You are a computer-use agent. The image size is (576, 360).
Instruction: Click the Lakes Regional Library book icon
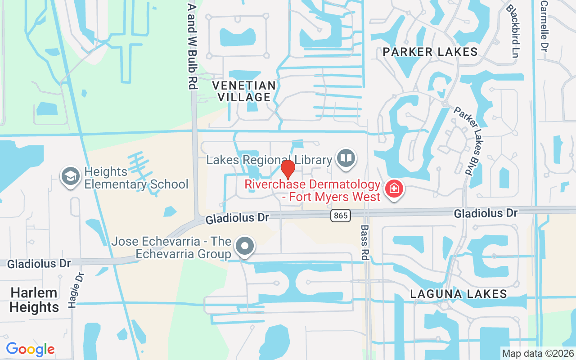point(346,158)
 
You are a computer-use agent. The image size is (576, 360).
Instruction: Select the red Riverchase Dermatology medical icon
point(395,189)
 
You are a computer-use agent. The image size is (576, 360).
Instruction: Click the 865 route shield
point(341,216)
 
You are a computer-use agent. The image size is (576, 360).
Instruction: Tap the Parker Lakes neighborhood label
point(430,52)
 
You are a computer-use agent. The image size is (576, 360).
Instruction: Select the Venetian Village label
point(243,91)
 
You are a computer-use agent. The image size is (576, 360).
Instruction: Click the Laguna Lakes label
point(459,294)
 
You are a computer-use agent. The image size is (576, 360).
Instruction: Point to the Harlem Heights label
point(34,300)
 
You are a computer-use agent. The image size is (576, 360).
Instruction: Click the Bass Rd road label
point(364,243)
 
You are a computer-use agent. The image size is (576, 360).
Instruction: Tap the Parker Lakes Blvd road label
point(463,140)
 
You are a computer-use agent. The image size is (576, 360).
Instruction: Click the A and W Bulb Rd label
point(192,45)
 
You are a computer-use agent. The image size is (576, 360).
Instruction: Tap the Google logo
point(30,349)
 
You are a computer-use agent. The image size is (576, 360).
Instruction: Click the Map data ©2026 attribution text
point(538,353)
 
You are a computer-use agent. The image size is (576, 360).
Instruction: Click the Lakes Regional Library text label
point(269,160)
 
